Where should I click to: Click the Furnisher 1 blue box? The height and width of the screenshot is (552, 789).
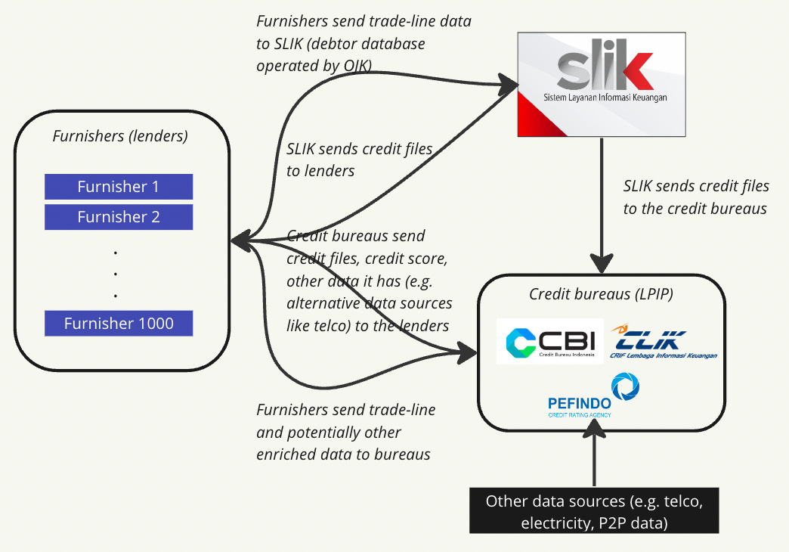point(119,187)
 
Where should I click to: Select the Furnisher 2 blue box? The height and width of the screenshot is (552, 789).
point(119,217)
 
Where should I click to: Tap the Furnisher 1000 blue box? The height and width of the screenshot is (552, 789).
point(119,324)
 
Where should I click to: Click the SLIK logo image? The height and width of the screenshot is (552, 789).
point(602,84)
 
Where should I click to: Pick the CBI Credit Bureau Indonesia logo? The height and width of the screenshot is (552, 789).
point(550,342)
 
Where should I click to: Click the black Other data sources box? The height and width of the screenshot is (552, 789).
point(594,512)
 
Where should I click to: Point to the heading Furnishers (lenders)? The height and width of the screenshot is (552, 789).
point(120,137)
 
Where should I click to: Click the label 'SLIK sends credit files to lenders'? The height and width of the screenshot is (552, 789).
point(359,160)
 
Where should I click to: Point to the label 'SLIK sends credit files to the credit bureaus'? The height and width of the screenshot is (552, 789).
point(695,197)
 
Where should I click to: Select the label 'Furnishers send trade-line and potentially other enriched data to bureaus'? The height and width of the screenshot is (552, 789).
point(346,432)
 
